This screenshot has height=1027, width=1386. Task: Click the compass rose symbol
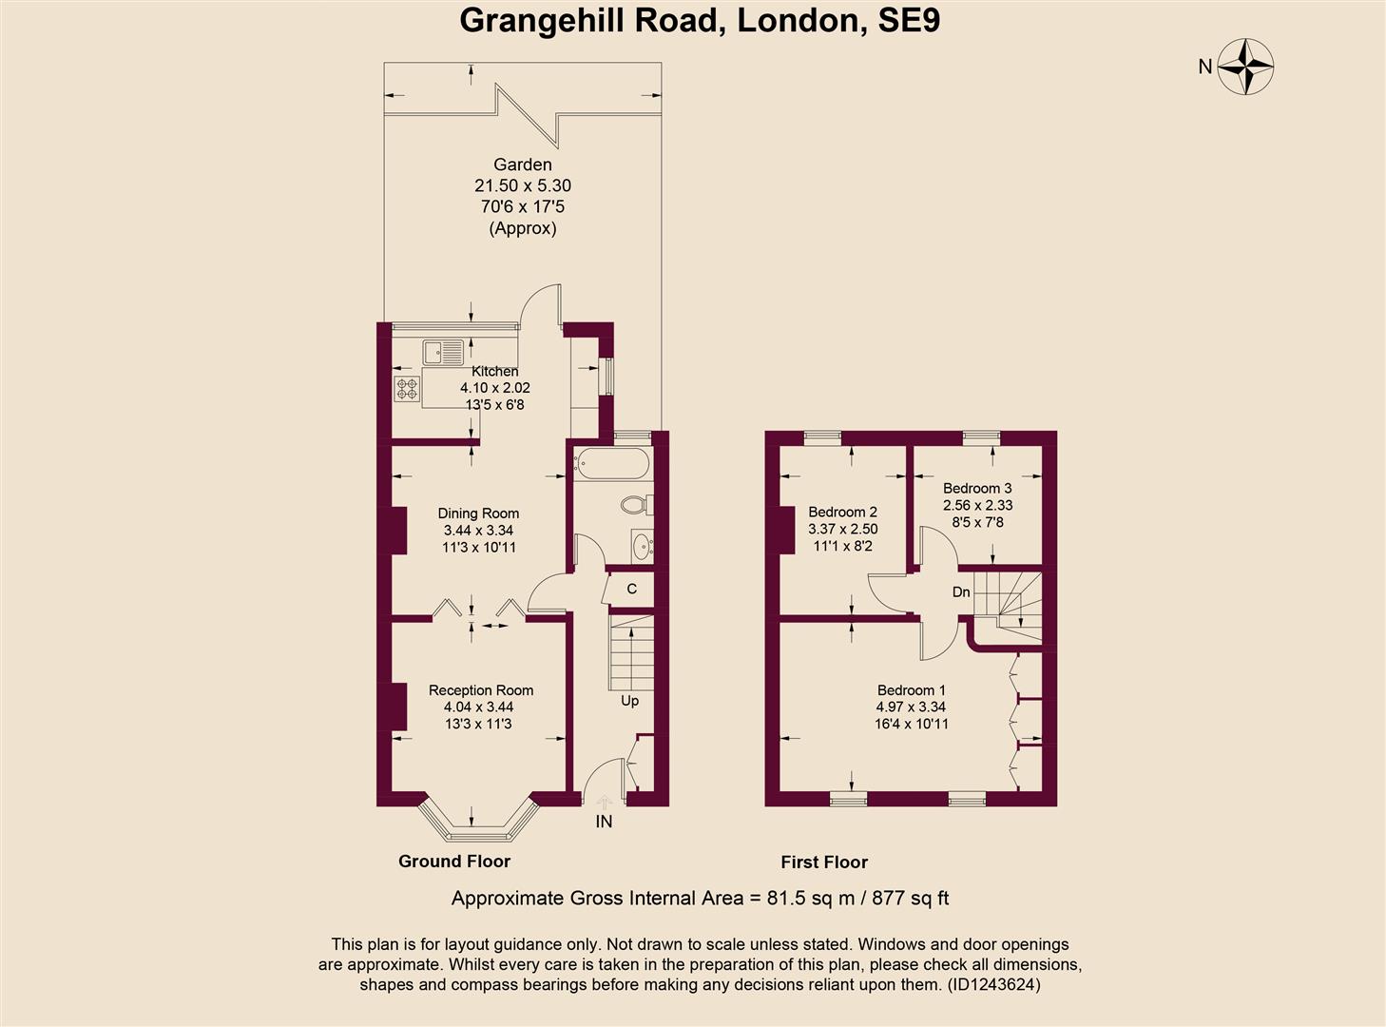coord(1245,67)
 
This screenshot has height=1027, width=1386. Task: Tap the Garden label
coord(522,165)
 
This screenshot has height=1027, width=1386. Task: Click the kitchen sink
coord(443,352)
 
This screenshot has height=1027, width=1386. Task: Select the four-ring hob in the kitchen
coord(408,388)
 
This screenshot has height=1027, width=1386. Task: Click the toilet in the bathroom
coord(634,503)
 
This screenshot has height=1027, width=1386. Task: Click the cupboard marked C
coord(631,590)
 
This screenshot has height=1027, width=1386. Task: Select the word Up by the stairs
coord(629,701)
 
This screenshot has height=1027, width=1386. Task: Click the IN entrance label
coord(605,822)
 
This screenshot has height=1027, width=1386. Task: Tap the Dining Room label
coord(478,513)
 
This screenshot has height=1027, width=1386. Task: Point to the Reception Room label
coord(480,690)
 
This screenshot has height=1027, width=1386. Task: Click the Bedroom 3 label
coord(977,489)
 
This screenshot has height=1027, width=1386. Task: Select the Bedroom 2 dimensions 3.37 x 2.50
coord(842,530)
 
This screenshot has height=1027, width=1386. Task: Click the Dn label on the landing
coord(961,592)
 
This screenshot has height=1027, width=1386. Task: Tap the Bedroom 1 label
coord(911,690)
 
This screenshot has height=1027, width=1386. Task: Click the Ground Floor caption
coord(454,862)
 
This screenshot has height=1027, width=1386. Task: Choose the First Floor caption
coord(824,862)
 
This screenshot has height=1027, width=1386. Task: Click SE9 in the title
coord(908,20)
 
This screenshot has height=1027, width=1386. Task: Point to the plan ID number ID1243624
coord(993,985)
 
